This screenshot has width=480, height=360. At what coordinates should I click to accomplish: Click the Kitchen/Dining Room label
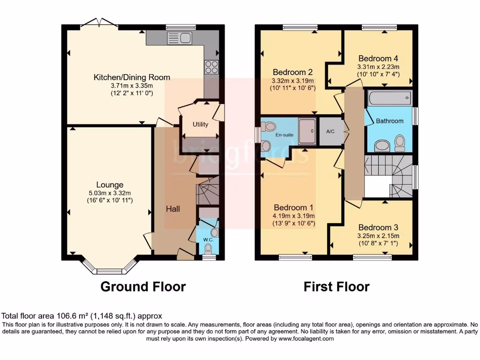[x=132, y=77]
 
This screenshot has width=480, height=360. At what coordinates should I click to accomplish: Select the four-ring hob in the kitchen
[x=211, y=67]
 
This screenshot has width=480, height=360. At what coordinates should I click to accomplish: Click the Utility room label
[x=200, y=125]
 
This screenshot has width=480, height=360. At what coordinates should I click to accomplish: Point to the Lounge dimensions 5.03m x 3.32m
[x=110, y=193]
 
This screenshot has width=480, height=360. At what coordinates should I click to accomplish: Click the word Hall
[x=172, y=209]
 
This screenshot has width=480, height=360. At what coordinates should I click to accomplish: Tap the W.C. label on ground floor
[x=208, y=240]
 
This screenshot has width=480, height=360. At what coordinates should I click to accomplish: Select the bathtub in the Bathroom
[x=390, y=99]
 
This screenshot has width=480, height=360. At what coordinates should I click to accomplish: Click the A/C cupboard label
[x=330, y=131]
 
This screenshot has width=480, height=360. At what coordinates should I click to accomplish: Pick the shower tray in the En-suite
[x=307, y=130]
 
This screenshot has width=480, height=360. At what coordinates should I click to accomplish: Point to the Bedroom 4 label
[x=378, y=59]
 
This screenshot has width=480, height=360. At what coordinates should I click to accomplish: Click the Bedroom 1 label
[x=293, y=208]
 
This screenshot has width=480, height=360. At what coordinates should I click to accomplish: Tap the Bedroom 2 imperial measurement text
[x=292, y=88]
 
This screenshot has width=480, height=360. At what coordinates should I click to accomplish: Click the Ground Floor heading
[x=143, y=286]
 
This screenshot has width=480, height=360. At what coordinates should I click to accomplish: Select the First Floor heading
[x=336, y=286]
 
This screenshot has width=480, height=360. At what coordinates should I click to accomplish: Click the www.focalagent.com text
[x=309, y=338]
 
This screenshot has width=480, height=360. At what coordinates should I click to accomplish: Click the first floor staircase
[x=388, y=176]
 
